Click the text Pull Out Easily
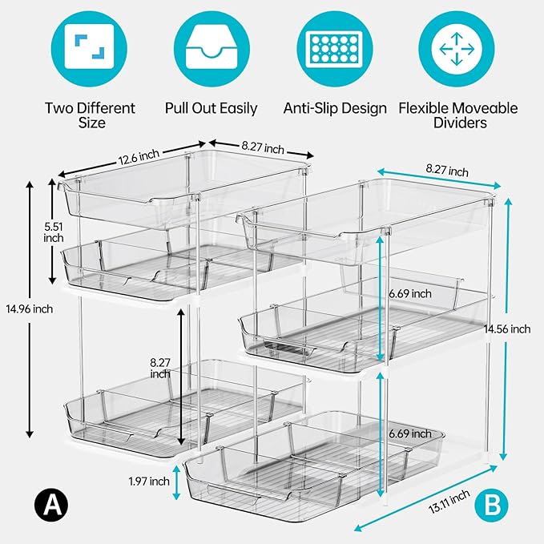[211, 108]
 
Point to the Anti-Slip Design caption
[335, 108]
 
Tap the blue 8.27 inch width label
[447, 171]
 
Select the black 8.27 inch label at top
[262, 148]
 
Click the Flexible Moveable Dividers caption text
[458, 115]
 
